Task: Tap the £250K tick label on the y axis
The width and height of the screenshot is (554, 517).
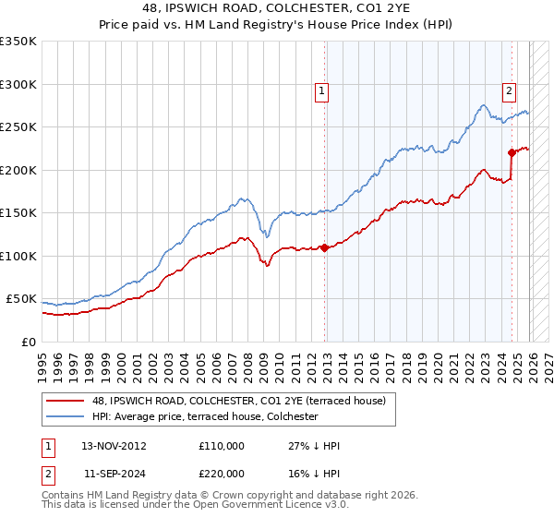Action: [x=18, y=127]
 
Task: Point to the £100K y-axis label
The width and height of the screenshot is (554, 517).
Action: [x=18, y=256]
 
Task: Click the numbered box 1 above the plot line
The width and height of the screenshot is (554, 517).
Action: [x=321, y=90]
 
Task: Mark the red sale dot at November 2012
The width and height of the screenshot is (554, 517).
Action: [x=324, y=247]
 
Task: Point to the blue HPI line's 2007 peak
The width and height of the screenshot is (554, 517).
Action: [x=241, y=198]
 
